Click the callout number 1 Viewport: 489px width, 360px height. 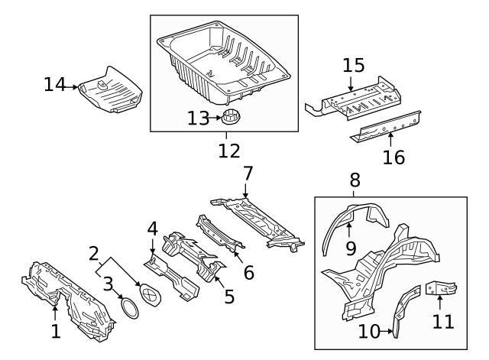(x=54, y=332)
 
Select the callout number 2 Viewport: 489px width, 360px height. (x=94, y=253)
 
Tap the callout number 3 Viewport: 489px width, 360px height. (x=109, y=285)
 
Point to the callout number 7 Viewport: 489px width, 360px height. (x=246, y=174)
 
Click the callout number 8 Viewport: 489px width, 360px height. (x=355, y=180)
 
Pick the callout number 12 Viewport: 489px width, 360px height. (x=228, y=150)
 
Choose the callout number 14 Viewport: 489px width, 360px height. (x=53, y=85)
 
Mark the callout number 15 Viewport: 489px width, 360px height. (x=353, y=66)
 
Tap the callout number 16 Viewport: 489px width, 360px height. (x=393, y=157)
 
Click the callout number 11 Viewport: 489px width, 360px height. (x=443, y=320)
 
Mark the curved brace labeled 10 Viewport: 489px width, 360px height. (x=405, y=310)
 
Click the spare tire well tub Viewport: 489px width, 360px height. (x=229, y=65)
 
